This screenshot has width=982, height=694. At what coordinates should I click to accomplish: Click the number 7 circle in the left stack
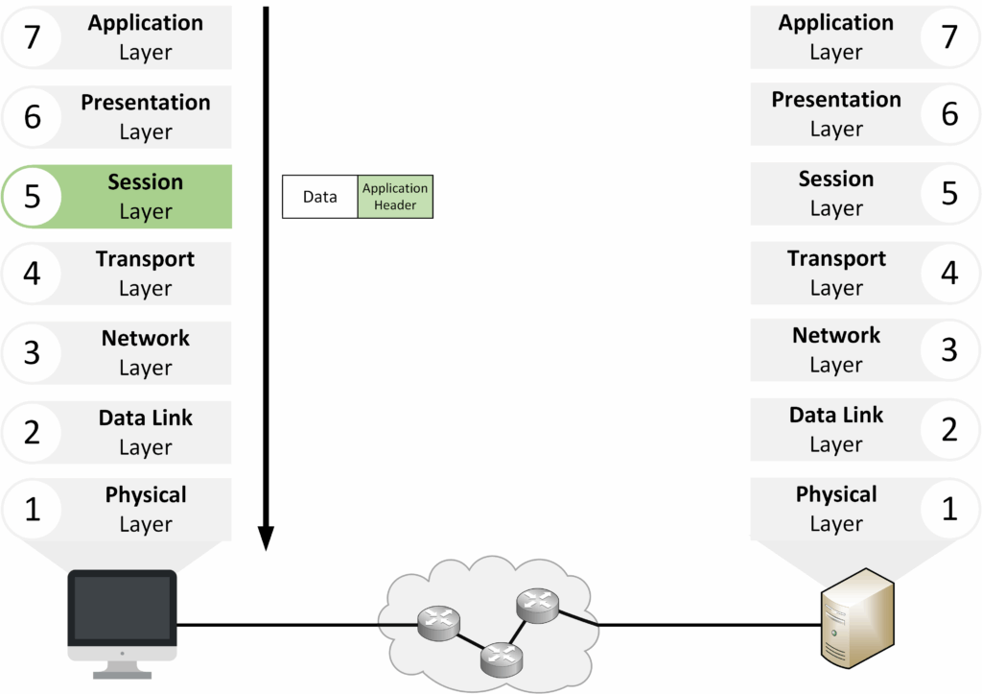click(32, 37)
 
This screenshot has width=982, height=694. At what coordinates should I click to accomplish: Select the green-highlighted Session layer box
click(144, 197)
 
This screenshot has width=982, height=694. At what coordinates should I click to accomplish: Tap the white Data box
click(319, 197)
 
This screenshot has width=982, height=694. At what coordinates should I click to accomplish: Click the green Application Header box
click(394, 197)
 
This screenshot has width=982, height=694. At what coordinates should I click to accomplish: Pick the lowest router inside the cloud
click(501, 657)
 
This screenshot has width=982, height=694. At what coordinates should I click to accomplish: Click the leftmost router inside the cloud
click(437, 624)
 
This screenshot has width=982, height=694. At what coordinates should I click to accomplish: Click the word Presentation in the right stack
click(836, 100)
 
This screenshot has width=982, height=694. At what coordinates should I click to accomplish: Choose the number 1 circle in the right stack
click(949, 509)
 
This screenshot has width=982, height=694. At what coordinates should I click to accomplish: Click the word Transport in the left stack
click(145, 259)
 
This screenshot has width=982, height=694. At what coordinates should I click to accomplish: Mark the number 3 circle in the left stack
click(32, 352)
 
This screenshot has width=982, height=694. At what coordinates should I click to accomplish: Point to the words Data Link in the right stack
click(836, 416)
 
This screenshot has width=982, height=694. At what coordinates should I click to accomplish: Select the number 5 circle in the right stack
click(949, 193)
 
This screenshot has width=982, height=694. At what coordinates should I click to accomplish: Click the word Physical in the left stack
click(146, 495)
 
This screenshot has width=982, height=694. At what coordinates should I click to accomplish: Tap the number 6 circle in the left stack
click(32, 117)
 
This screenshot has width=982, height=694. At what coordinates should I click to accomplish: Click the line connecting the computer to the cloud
click(288, 625)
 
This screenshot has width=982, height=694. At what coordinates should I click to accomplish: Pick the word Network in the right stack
click(836, 336)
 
